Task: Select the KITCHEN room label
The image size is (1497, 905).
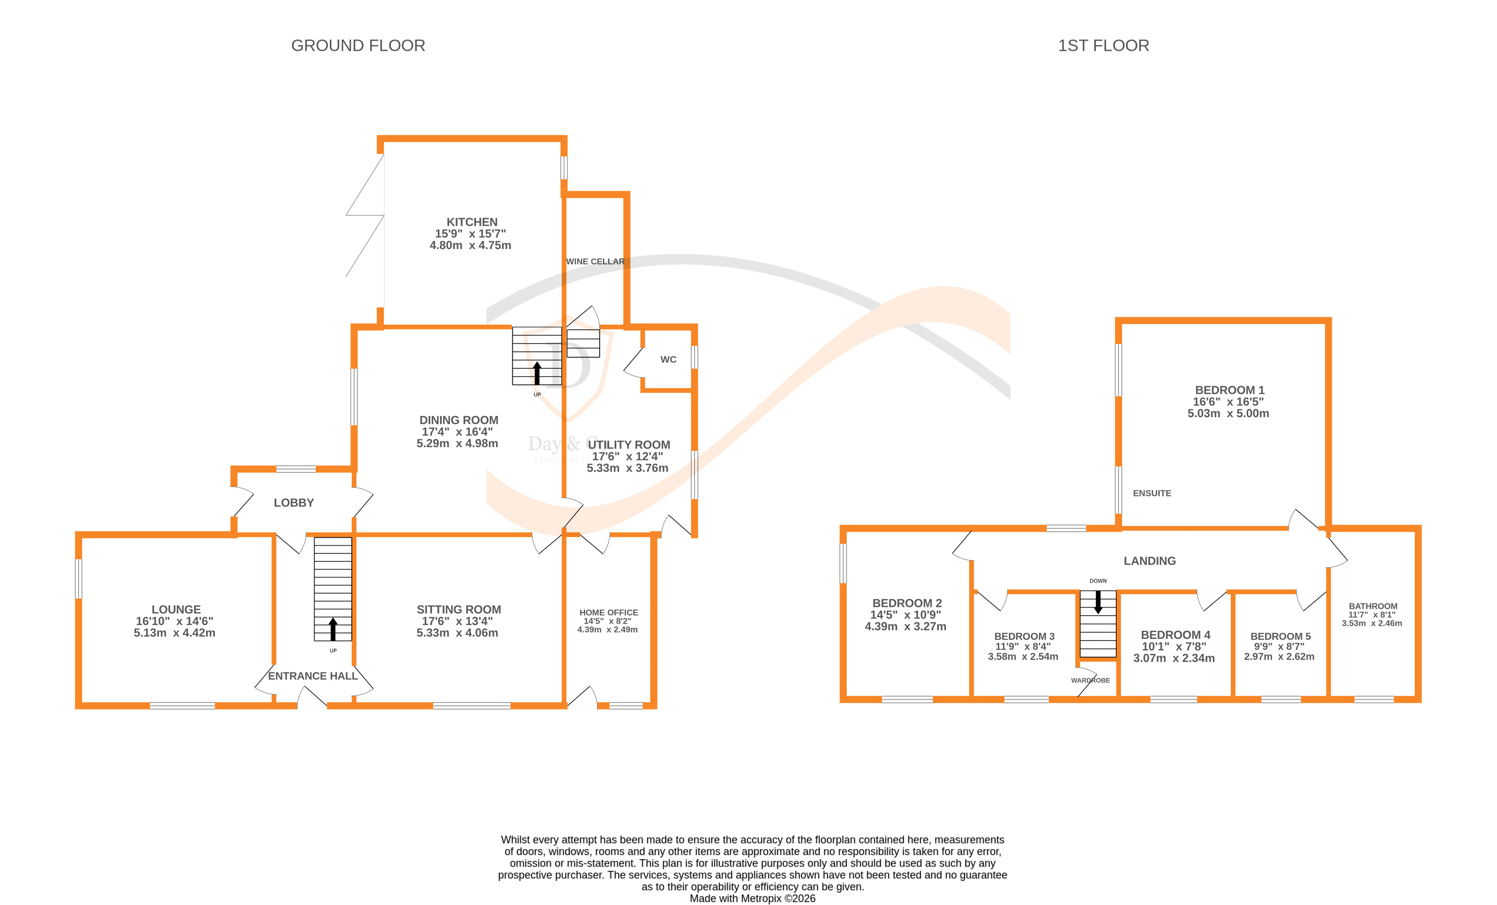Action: point(472,222)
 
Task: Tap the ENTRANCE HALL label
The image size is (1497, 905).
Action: point(312,676)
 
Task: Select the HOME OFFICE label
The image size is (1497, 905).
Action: point(608,613)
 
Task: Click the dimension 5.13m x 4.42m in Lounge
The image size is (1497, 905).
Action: point(174,633)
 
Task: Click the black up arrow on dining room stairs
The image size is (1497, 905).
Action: point(536,373)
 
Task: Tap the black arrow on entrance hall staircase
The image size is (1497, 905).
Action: point(333,629)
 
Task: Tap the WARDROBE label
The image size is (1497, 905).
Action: point(1090,680)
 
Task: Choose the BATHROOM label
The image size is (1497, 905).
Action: point(1373,606)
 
